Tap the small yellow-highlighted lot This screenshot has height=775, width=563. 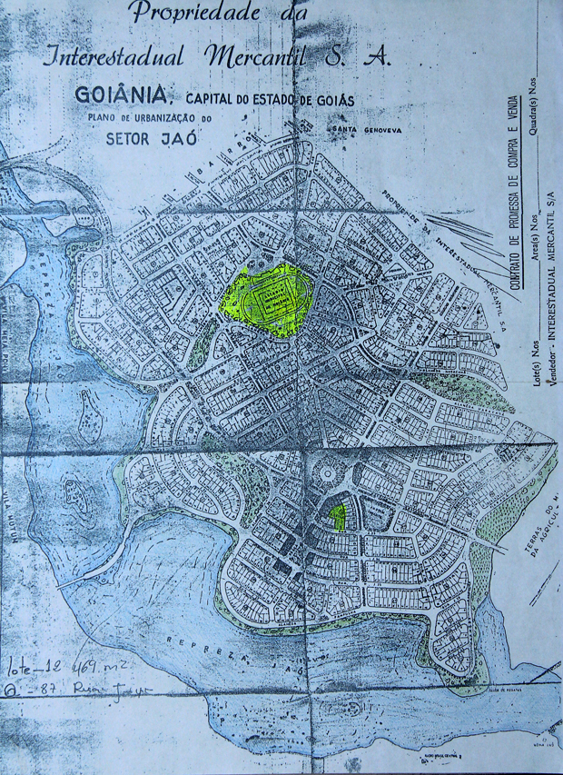pyautogui.click(x=338, y=516)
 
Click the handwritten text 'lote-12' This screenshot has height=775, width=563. pyautogui.click(x=34, y=670)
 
